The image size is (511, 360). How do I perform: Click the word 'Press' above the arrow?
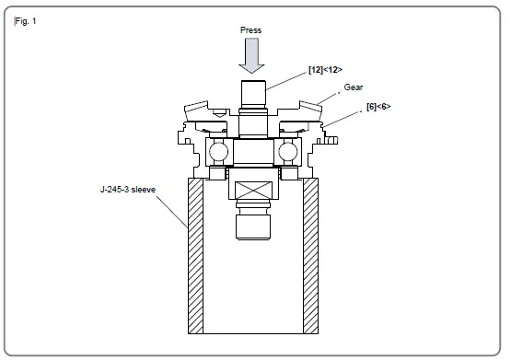point(250,30)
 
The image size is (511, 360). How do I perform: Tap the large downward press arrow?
point(251,56)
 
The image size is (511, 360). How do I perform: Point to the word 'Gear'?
point(354,86)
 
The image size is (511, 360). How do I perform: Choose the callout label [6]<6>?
point(377,107)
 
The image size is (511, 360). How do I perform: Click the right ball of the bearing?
point(288,151)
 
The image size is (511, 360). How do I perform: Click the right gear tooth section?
point(300,110)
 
